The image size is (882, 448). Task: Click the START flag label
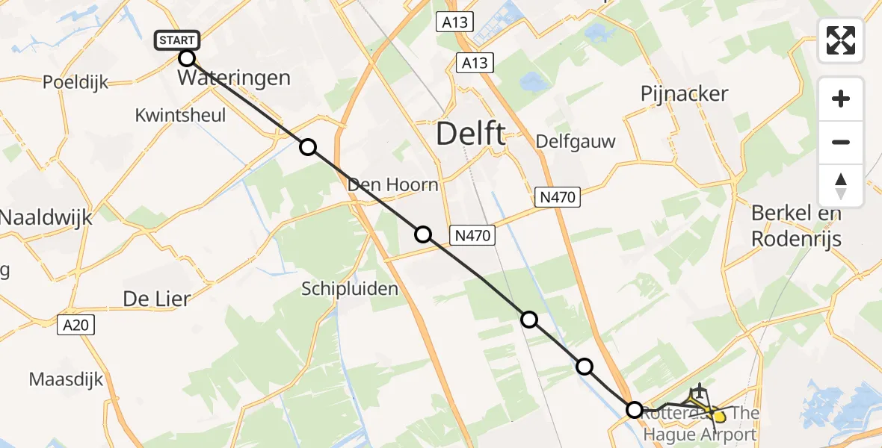(x=176, y=40)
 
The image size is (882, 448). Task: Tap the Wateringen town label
(x=234, y=78)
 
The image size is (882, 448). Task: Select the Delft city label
(x=469, y=134)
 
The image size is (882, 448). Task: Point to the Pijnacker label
(x=684, y=93)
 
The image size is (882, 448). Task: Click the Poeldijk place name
(x=75, y=82)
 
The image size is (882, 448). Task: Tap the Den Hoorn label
(x=393, y=184)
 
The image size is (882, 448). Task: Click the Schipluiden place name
(x=350, y=288)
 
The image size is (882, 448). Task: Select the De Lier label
(x=157, y=299)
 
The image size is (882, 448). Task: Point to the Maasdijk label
(x=66, y=379)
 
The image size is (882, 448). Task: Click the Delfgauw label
(x=575, y=142)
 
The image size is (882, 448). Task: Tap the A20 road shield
(x=78, y=325)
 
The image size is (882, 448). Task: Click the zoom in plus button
(x=841, y=99)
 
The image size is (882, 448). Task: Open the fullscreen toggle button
(x=841, y=40)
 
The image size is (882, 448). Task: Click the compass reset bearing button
(x=841, y=185)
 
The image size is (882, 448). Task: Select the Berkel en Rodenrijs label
(x=796, y=226)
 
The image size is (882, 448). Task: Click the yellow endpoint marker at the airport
(x=719, y=415)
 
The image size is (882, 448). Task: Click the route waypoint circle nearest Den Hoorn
(x=423, y=234)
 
